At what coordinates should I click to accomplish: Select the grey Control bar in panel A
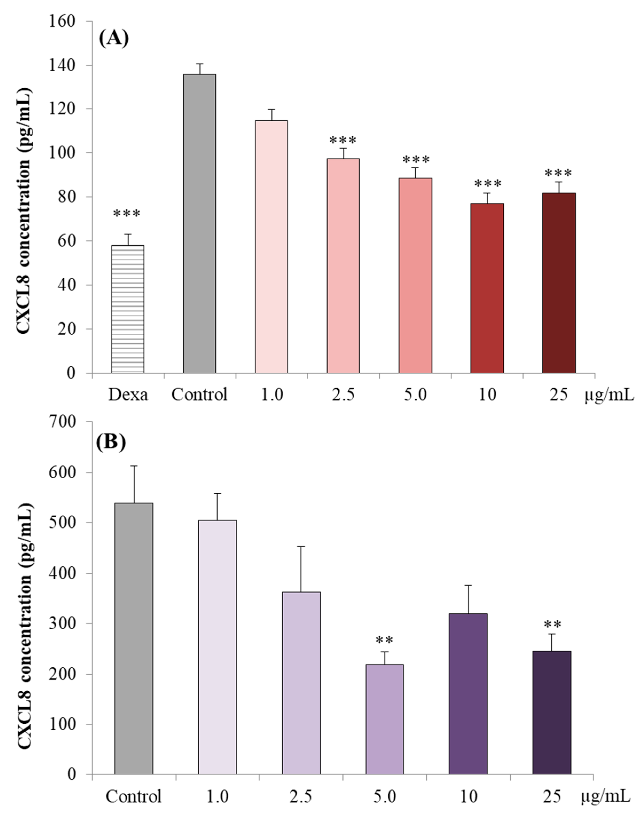pos(199,224)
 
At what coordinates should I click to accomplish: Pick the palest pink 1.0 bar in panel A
pos(271,247)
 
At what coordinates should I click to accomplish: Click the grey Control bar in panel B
pos(134,638)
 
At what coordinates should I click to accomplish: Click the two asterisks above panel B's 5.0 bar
pos(384,640)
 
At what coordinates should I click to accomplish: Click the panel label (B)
pos(111,442)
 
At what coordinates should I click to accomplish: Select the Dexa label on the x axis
pos(128,394)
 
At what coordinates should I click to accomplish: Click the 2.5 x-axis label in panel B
pos(300,796)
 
